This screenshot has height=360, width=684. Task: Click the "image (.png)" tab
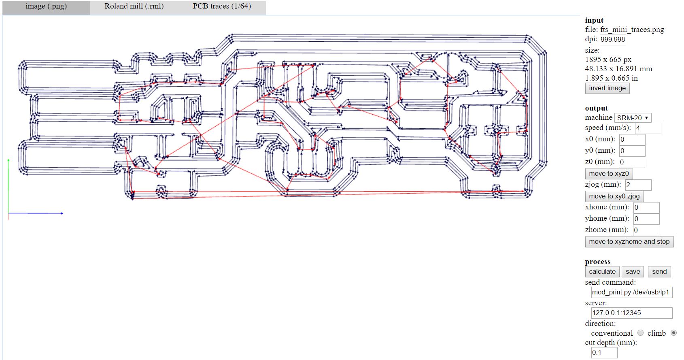tap(46, 7)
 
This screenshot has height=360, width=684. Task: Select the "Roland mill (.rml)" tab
tap(134, 7)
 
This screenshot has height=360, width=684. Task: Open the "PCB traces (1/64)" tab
tap(222, 7)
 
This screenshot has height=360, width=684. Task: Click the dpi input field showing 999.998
tap(612, 39)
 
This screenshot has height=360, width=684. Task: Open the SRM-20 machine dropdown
tap(633, 118)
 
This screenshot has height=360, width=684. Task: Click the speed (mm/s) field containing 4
tap(648, 128)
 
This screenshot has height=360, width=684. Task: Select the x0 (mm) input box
tap(632, 140)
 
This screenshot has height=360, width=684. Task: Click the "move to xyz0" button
tap(609, 174)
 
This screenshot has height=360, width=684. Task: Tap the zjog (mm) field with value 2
tap(638, 185)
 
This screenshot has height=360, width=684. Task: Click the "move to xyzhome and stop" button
tap(629, 242)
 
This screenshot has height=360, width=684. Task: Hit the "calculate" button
tap(602, 272)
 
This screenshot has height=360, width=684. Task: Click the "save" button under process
tap(633, 272)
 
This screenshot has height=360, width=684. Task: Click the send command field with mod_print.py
tap(632, 292)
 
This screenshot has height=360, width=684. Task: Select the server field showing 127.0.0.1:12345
tap(632, 313)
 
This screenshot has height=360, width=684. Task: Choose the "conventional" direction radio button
tap(640, 333)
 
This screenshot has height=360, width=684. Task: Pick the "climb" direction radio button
tap(673, 333)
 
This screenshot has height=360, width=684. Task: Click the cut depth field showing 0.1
tap(604, 353)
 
